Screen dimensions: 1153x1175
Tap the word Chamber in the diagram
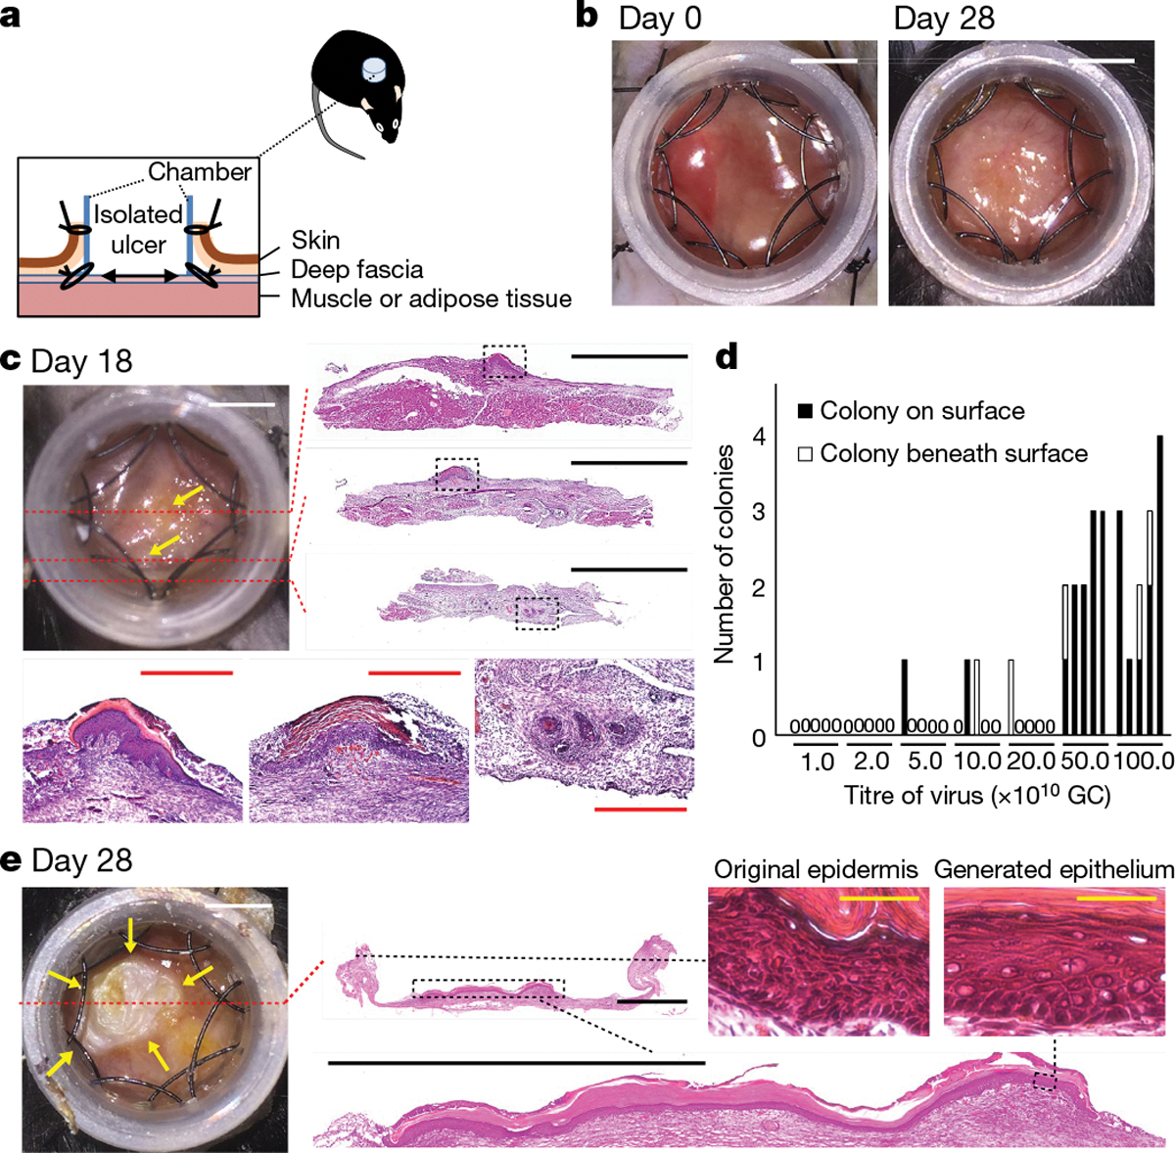click(200, 172)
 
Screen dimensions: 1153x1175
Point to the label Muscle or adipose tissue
click(431, 299)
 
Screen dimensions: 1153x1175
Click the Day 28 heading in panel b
click(944, 19)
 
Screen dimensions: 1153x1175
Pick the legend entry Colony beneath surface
click(953, 453)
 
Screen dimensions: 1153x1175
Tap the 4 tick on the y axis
click(757, 437)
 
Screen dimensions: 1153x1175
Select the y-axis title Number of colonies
click(725, 554)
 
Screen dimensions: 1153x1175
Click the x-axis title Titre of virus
click(976, 796)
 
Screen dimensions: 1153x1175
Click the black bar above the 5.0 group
click(904, 697)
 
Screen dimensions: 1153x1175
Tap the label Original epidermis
click(816, 869)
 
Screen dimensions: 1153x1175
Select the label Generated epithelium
click(1054, 869)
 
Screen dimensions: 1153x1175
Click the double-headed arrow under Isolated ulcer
click(140, 278)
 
